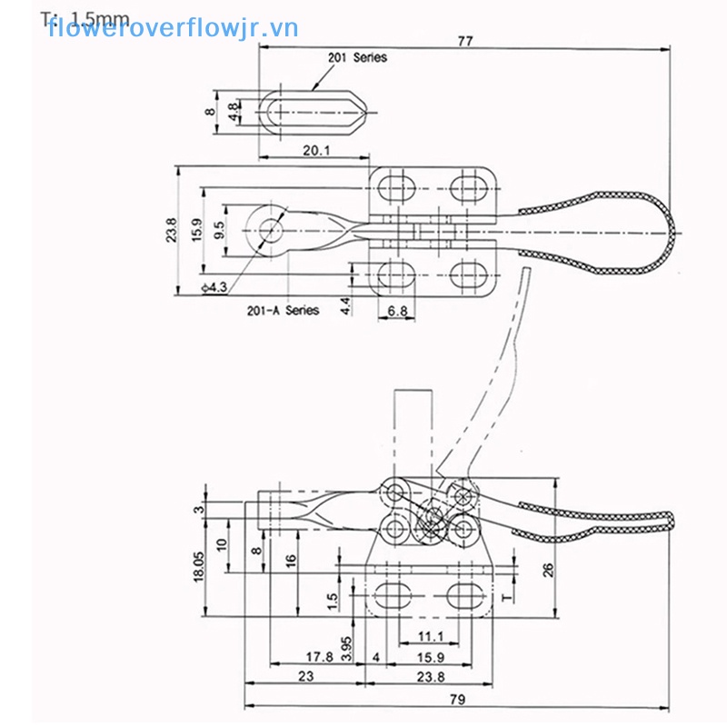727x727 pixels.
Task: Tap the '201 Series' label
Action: (357, 57)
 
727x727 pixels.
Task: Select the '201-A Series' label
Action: (283, 310)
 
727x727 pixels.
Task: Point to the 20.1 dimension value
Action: (315, 149)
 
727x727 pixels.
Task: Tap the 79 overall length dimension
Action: (458, 699)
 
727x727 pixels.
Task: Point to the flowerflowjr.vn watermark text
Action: (173, 27)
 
